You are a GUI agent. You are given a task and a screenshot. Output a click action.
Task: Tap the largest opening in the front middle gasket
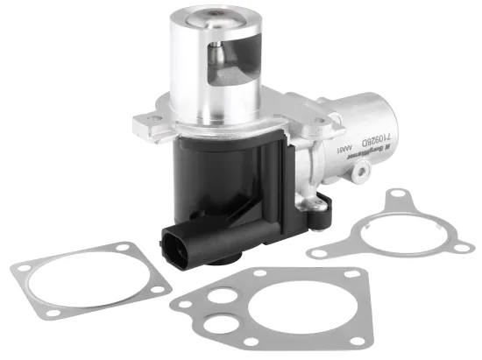click(x=273, y=309)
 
